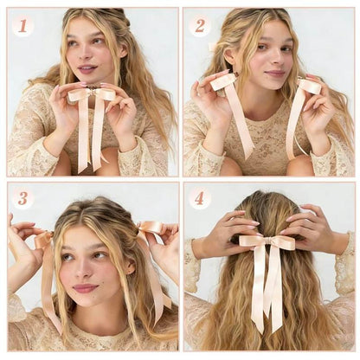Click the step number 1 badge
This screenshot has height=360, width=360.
click(22, 26)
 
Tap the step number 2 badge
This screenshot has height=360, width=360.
click(200, 26)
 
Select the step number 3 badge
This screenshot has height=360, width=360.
click(22, 199)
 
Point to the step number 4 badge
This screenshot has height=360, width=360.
click(200, 199)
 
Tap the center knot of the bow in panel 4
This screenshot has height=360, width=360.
click(268, 240)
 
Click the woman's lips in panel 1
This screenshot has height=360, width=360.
click(87, 68)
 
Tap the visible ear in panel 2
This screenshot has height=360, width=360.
click(228, 58)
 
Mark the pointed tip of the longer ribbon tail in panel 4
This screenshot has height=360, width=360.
click(258, 332)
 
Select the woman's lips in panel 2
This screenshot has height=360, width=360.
click(274, 73)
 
